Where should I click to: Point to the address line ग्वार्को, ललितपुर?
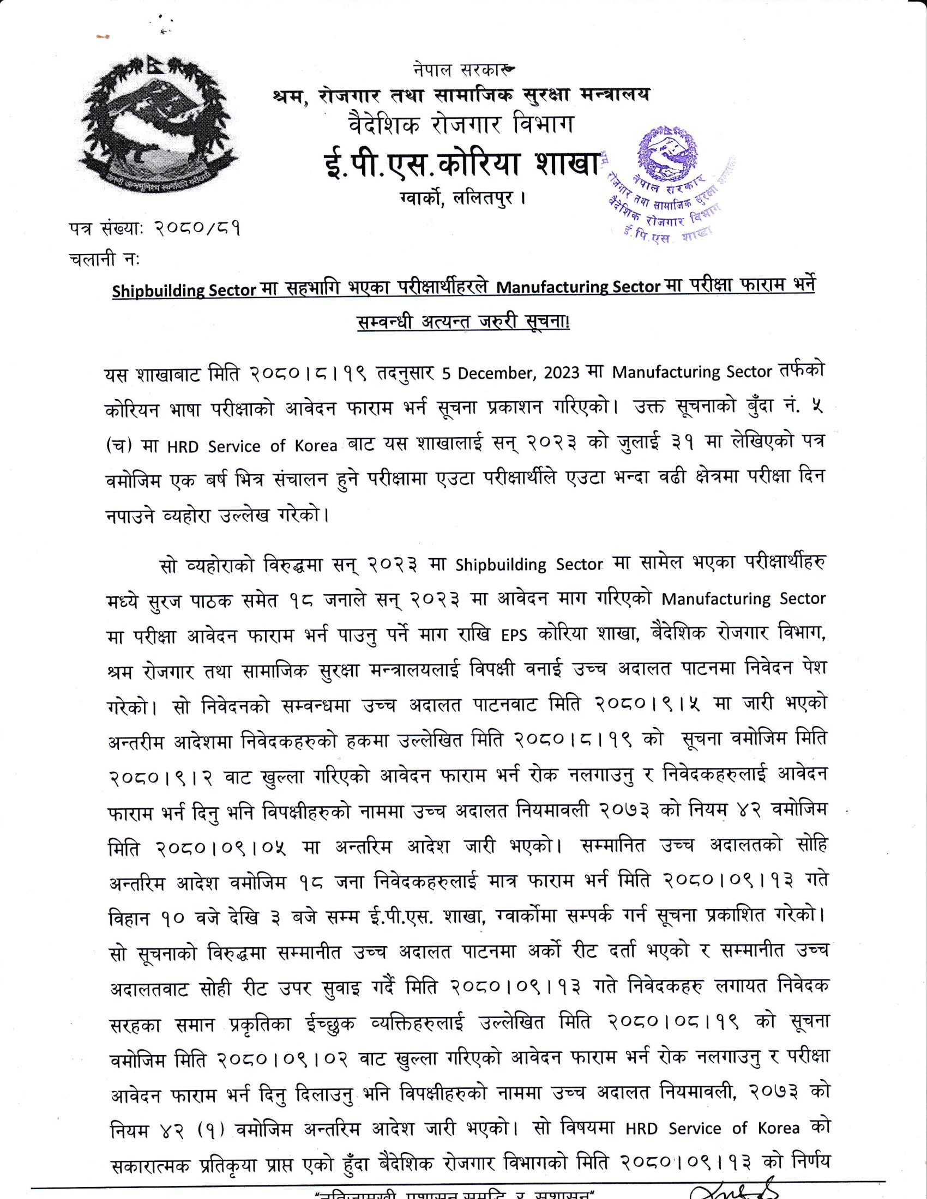pos(462,197)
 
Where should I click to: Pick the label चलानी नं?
pos(104,258)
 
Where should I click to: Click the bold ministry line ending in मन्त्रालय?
pos(460,94)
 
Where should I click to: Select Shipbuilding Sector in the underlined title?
pos(184,289)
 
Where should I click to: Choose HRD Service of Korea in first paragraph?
pos(252,446)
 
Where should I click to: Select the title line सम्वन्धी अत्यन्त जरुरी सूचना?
pos(462,322)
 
